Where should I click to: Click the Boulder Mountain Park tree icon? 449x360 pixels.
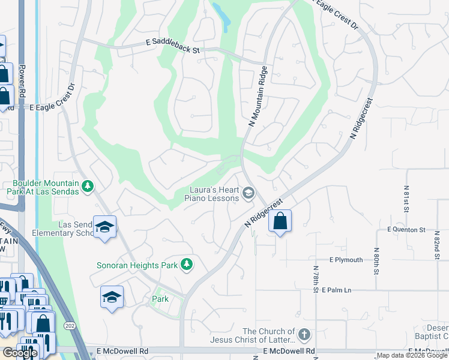pyautogui.click(x=88, y=186)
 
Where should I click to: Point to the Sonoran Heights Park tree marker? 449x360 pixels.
pyautogui.click(x=187, y=264)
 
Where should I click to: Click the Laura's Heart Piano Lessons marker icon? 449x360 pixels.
pyautogui.click(x=249, y=193)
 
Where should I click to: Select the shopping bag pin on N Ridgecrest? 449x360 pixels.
pyautogui.click(x=280, y=221)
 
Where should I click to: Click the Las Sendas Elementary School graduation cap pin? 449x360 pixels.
pyautogui.click(x=104, y=227)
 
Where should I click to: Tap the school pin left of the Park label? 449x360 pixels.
pyautogui.click(x=112, y=298)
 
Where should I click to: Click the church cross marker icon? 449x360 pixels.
pyautogui.click(x=304, y=334)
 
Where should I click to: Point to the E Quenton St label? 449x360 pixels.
pyautogui.click(x=406, y=230)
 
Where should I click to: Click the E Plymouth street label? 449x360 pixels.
pyautogui.click(x=346, y=260)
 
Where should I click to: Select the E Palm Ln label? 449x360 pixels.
pyautogui.click(x=336, y=290)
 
